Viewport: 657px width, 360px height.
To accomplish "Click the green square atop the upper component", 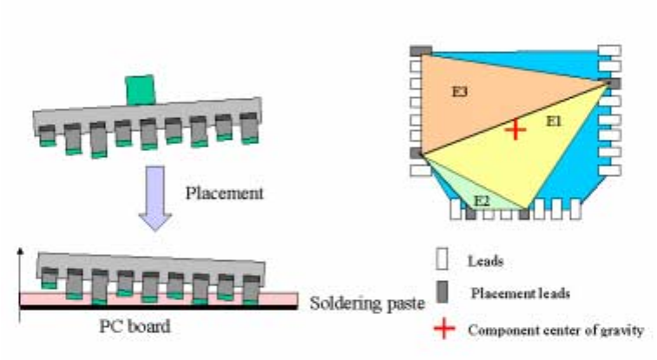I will [139, 88].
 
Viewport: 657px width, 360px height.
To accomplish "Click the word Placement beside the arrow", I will [224, 193].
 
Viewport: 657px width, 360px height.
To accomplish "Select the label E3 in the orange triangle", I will [461, 89].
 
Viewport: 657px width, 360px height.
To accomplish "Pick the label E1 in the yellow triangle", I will [553, 122].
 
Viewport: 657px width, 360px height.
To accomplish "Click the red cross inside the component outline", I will [516, 130].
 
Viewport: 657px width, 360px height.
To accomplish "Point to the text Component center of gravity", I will [555, 330].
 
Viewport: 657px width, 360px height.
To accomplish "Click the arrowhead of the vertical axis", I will [19, 253].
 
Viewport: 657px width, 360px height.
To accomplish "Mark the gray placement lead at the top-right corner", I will [613, 83].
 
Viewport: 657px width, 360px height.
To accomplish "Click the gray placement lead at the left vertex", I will [417, 154].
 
